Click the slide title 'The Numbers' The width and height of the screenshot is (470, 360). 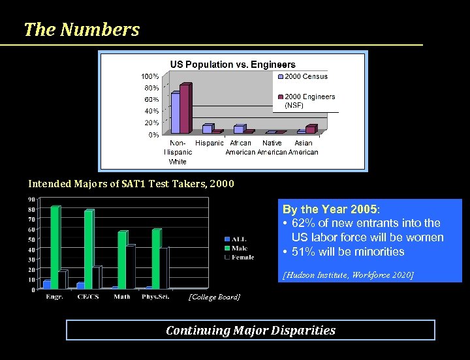(x=82, y=29)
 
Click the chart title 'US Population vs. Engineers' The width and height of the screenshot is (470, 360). (x=232, y=65)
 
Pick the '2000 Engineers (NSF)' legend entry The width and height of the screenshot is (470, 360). (x=309, y=100)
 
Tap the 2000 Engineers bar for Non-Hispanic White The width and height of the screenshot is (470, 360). (x=185, y=108)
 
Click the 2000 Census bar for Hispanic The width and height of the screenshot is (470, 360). (x=207, y=128)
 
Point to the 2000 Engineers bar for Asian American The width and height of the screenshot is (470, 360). (x=311, y=129)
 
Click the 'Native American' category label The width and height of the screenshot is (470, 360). (x=272, y=147)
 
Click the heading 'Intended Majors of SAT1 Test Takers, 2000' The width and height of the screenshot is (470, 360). (x=131, y=184)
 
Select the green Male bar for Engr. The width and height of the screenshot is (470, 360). (x=55, y=247)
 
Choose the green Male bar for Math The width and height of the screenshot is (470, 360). (x=122, y=260)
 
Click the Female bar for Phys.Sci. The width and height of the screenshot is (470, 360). (x=164, y=267)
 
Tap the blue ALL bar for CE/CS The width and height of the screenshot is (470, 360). (x=80, y=285)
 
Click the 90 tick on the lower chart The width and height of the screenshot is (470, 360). (x=31, y=200)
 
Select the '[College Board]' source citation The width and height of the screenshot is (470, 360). (x=213, y=297)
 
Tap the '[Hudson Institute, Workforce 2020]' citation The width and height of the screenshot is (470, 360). (x=348, y=275)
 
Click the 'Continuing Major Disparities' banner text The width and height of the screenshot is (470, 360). (x=251, y=330)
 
